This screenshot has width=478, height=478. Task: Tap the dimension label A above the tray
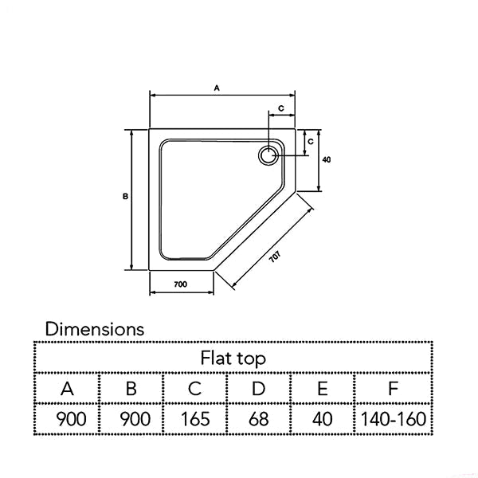217,88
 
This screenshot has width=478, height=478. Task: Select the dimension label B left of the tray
125,197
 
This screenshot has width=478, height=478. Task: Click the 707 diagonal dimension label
275,257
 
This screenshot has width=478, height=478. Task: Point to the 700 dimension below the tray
181,284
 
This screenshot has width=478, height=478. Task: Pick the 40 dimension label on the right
326,159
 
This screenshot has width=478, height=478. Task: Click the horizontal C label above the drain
281,108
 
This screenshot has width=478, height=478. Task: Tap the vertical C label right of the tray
311,142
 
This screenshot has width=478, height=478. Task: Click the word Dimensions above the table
95,329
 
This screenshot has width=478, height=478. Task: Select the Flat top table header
233,358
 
